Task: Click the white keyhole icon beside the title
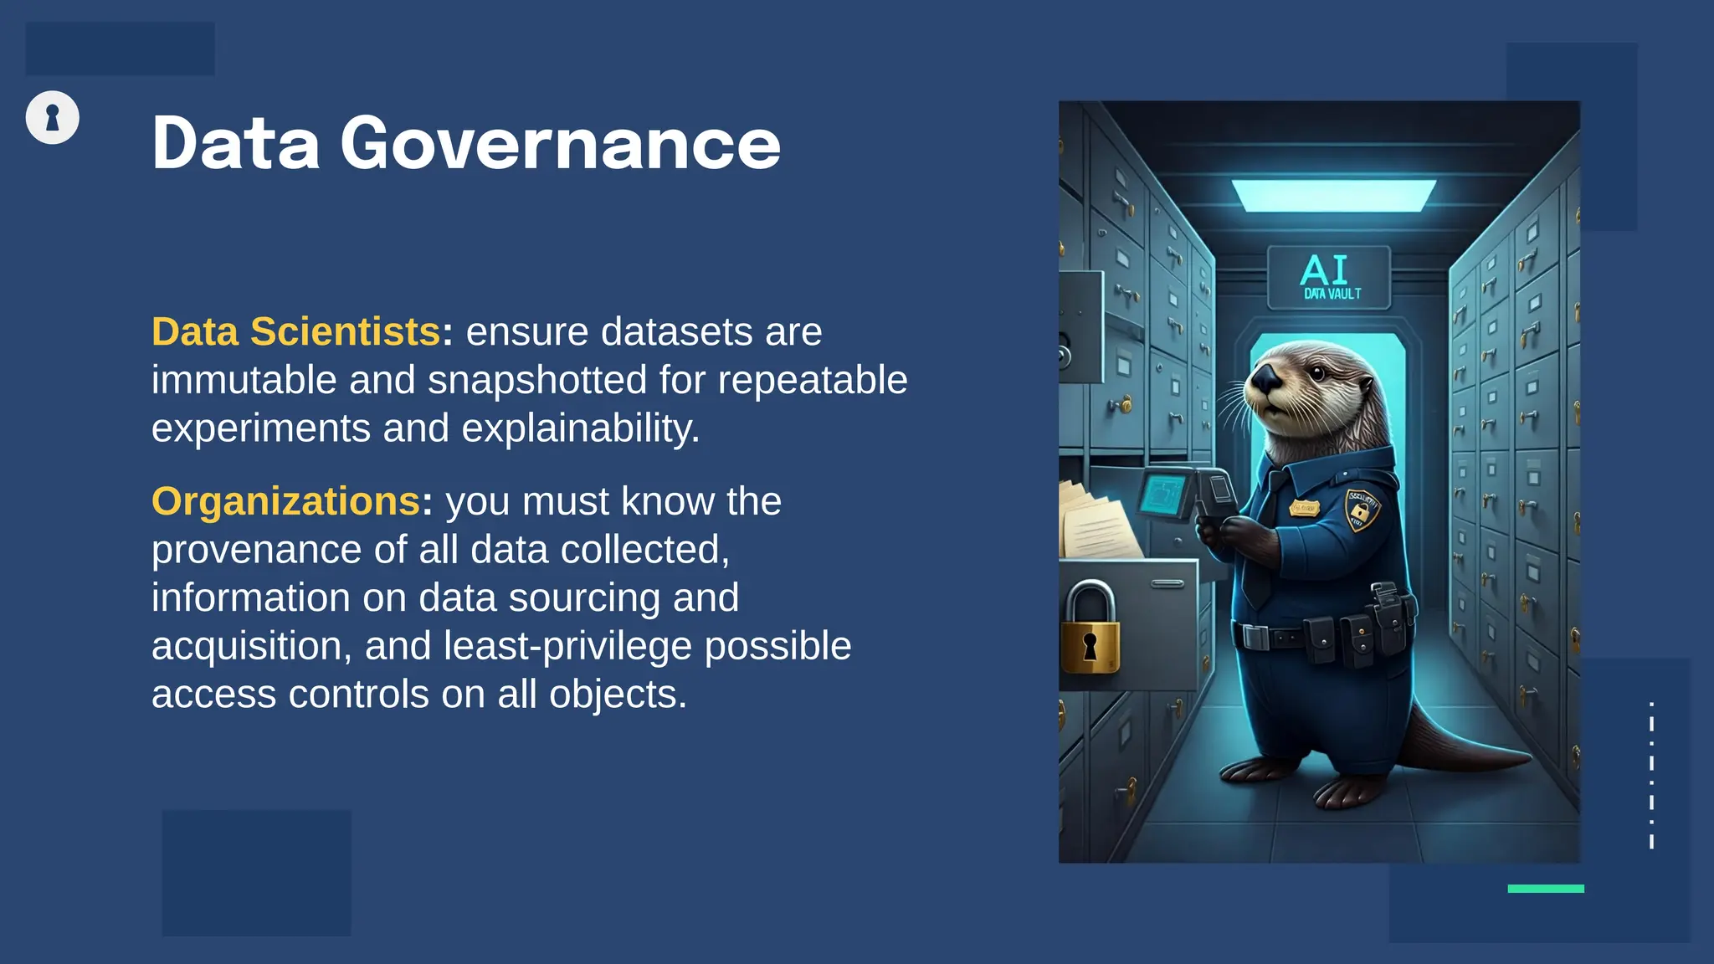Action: point(52,117)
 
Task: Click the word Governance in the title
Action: point(560,144)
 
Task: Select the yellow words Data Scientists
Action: point(295,332)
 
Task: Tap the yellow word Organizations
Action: point(285,502)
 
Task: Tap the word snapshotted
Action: point(536,381)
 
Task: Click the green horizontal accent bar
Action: point(1545,889)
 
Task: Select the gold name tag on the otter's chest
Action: point(1303,507)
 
